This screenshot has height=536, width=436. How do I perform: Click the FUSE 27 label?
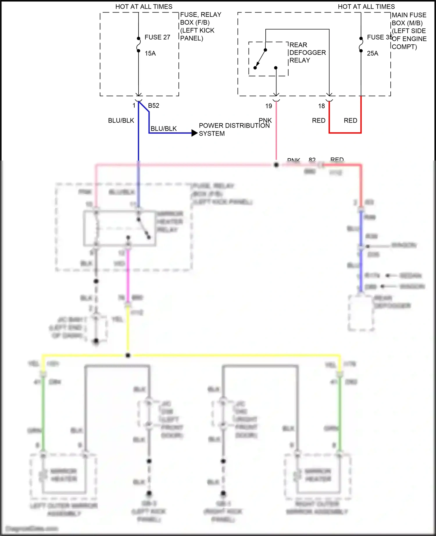pos(157,37)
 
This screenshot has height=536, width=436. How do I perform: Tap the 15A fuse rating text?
pos(150,53)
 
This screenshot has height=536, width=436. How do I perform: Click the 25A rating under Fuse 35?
pos(372,53)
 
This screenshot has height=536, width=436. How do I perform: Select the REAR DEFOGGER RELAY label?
pos(307,53)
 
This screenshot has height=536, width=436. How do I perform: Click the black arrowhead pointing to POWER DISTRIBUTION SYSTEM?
pos(194,133)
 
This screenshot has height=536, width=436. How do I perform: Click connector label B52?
pos(153,106)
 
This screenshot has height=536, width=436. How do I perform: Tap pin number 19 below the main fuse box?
pos(269,106)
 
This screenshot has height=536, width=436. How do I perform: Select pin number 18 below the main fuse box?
pos(321,106)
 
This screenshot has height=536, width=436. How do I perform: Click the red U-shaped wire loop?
pos(345,133)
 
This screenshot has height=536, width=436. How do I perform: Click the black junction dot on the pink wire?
pos(276,165)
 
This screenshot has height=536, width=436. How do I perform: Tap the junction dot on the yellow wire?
pos(128,355)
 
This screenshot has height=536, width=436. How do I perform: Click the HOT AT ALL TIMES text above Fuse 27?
pos(144,7)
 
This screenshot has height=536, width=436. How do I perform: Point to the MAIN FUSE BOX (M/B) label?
pos(409,19)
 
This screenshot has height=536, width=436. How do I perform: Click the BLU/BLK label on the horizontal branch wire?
pos(163,129)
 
